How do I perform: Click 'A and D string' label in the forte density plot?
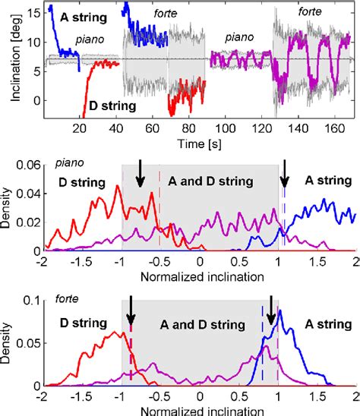click(202, 324)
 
